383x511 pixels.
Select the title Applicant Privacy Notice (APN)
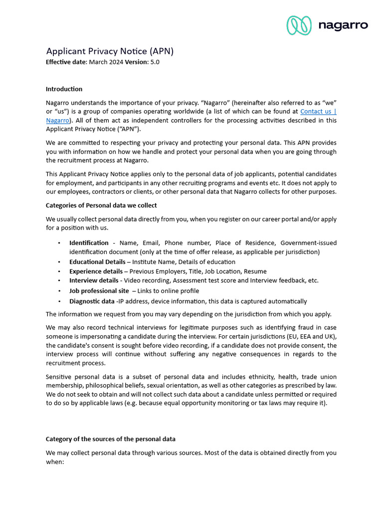(x=110, y=51)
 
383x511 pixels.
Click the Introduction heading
(x=64, y=89)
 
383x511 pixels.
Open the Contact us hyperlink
(x=318, y=112)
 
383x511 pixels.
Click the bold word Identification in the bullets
(x=89, y=243)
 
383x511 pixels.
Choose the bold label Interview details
(x=94, y=280)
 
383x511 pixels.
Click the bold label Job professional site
(x=99, y=291)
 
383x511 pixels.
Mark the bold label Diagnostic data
(x=92, y=301)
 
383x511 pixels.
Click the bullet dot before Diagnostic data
(x=59, y=301)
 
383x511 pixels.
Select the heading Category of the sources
(x=110, y=439)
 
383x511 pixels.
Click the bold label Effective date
(x=66, y=62)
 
